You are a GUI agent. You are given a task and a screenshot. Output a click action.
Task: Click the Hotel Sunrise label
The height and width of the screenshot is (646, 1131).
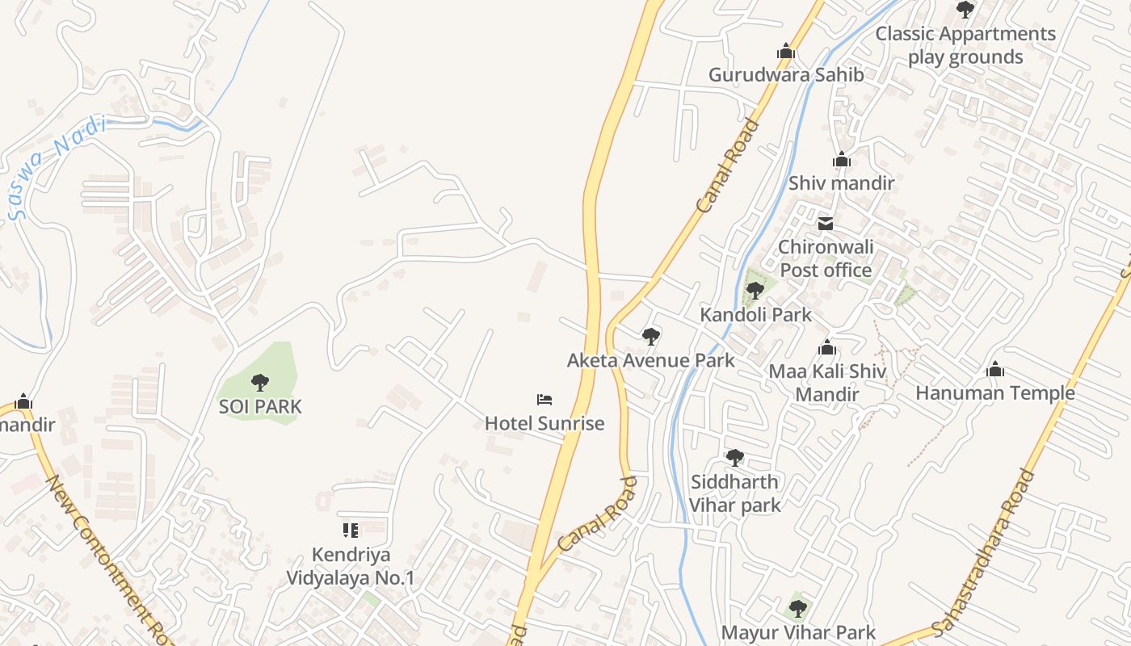pyautogui.click(x=544, y=423)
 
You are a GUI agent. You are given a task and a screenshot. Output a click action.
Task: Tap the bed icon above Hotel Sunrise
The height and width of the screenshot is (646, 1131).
pyautogui.click(x=544, y=399)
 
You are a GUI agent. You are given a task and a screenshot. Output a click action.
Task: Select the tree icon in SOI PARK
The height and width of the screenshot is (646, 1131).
pyautogui.click(x=259, y=382)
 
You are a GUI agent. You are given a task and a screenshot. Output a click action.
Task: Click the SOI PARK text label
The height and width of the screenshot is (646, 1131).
pyautogui.click(x=260, y=406)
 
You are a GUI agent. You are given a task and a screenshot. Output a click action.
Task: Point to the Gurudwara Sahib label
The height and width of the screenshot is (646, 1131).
pyautogui.click(x=786, y=75)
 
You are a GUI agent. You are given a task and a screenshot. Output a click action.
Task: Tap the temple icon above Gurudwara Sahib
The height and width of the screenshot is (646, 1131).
pyautogui.click(x=786, y=52)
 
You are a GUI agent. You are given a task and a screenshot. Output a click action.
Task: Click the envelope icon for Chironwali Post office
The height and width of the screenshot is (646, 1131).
pyautogui.click(x=826, y=223)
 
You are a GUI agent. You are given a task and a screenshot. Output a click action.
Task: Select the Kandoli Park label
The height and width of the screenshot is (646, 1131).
pyautogui.click(x=755, y=315)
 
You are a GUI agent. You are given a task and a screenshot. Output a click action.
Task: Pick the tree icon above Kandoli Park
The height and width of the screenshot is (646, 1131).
pyautogui.click(x=755, y=291)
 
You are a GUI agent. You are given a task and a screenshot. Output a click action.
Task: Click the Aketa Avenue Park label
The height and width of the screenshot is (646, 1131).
pyautogui.click(x=650, y=360)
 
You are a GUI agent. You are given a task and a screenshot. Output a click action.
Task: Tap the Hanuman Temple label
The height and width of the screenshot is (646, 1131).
pyautogui.click(x=994, y=393)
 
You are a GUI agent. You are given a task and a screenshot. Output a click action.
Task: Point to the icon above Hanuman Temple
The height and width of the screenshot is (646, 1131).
pyautogui.click(x=995, y=370)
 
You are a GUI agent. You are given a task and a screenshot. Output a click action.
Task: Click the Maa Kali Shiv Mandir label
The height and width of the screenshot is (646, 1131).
pyautogui.click(x=827, y=384)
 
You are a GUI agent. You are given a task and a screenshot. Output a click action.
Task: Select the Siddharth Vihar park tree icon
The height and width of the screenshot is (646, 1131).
pyautogui.click(x=734, y=458)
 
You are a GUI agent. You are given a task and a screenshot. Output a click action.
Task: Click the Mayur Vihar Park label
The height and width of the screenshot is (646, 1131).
pyautogui.click(x=798, y=632)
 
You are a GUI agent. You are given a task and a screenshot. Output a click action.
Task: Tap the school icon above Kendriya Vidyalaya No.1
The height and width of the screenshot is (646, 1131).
pyautogui.click(x=351, y=531)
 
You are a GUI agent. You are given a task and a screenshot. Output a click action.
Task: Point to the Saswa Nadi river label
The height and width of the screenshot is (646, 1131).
pyautogui.click(x=57, y=167)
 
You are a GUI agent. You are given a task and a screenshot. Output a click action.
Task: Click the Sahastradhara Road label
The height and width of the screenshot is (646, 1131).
pyautogui.click(x=983, y=552)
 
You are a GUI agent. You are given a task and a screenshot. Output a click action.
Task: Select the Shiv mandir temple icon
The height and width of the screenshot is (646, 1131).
pyautogui.click(x=842, y=160)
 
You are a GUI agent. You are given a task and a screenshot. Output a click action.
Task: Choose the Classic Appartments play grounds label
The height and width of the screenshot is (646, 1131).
pyautogui.click(x=965, y=45)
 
